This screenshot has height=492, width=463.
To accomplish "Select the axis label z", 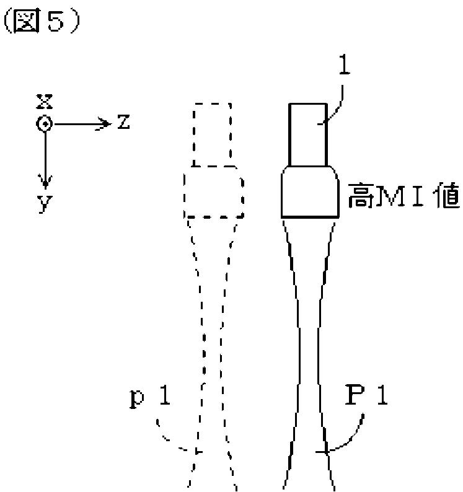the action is [x=123, y=123].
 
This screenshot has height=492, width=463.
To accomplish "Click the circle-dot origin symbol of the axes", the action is [x=43, y=124].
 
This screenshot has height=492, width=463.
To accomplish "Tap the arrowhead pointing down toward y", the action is [x=43, y=182].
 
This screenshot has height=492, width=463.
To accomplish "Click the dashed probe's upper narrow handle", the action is [x=213, y=134].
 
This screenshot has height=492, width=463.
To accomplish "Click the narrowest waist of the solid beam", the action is [x=308, y=372].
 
